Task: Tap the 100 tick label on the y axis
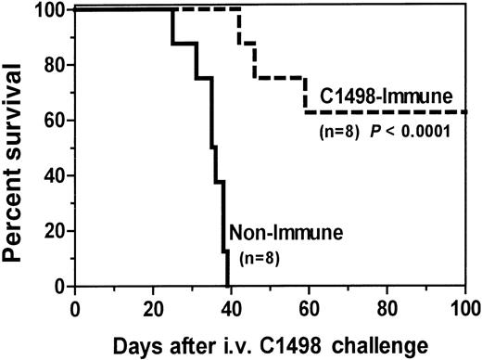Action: [x=51, y=12]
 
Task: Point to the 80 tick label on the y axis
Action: [x=56, y=67]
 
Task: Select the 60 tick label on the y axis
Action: [x=56, y=122]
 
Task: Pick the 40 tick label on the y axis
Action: [x=56, y=176]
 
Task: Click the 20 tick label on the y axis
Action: [x=56, y=231]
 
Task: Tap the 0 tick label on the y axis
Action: [x=61, y=286]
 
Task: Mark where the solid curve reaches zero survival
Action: [x=227, y=286]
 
